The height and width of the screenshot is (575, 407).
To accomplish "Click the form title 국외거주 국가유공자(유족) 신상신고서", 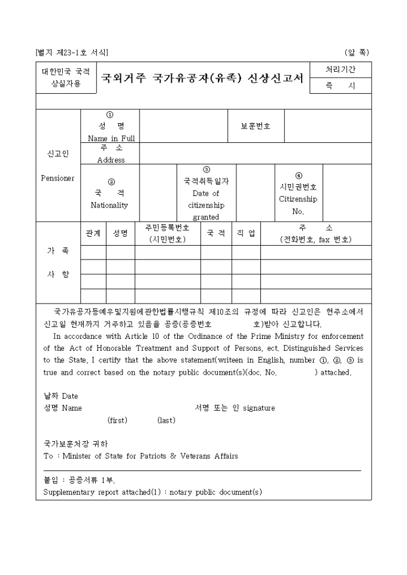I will click(x=202, y=78).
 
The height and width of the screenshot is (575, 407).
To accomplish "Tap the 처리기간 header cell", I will click(x=340, y=70).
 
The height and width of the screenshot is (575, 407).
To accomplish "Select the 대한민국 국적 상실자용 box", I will click(x=65, y=78).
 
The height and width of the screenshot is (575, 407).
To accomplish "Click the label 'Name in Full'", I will click(x=111, y=138).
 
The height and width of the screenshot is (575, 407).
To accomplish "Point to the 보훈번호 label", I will click(x=256, y=126).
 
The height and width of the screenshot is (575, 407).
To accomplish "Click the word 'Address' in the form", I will click(x=111, y=160).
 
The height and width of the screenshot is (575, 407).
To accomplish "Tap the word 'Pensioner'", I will click(x=58, y=178).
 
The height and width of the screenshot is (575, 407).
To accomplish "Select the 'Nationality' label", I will click(x=110, y=205).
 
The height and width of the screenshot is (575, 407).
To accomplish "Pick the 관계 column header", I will click(x=93, y=233).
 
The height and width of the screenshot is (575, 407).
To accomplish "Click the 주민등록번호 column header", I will click(x=168, y=228).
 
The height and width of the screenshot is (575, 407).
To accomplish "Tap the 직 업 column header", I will click(x=246, y=233).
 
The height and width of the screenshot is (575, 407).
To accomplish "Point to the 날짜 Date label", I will click(x=61, y=396).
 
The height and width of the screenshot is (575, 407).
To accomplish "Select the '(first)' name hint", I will click(x=117, y=420).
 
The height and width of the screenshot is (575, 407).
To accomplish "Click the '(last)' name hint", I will click(x=166, y=420).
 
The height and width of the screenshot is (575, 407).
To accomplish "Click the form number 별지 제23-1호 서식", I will click(x=72, y=52).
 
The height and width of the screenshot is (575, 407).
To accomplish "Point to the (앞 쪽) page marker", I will click(x=357, y=52).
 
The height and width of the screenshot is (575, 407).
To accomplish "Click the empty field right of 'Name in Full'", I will click(x=184, y=126).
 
